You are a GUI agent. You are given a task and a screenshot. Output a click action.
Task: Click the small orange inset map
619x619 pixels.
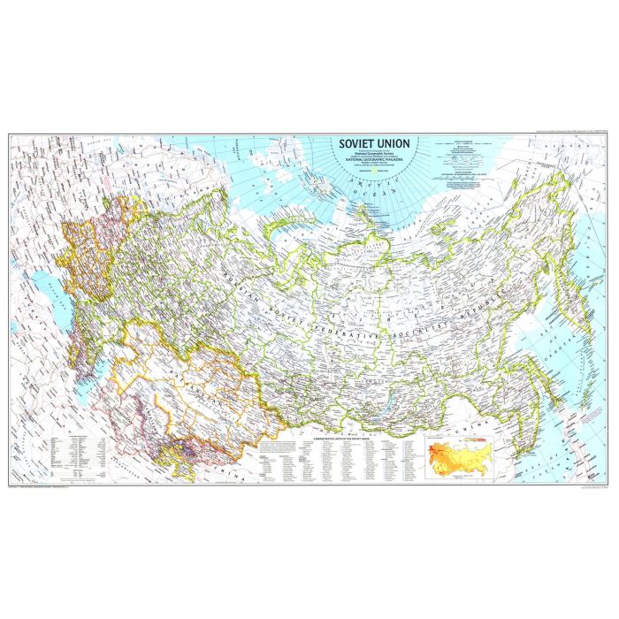point(456,455)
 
